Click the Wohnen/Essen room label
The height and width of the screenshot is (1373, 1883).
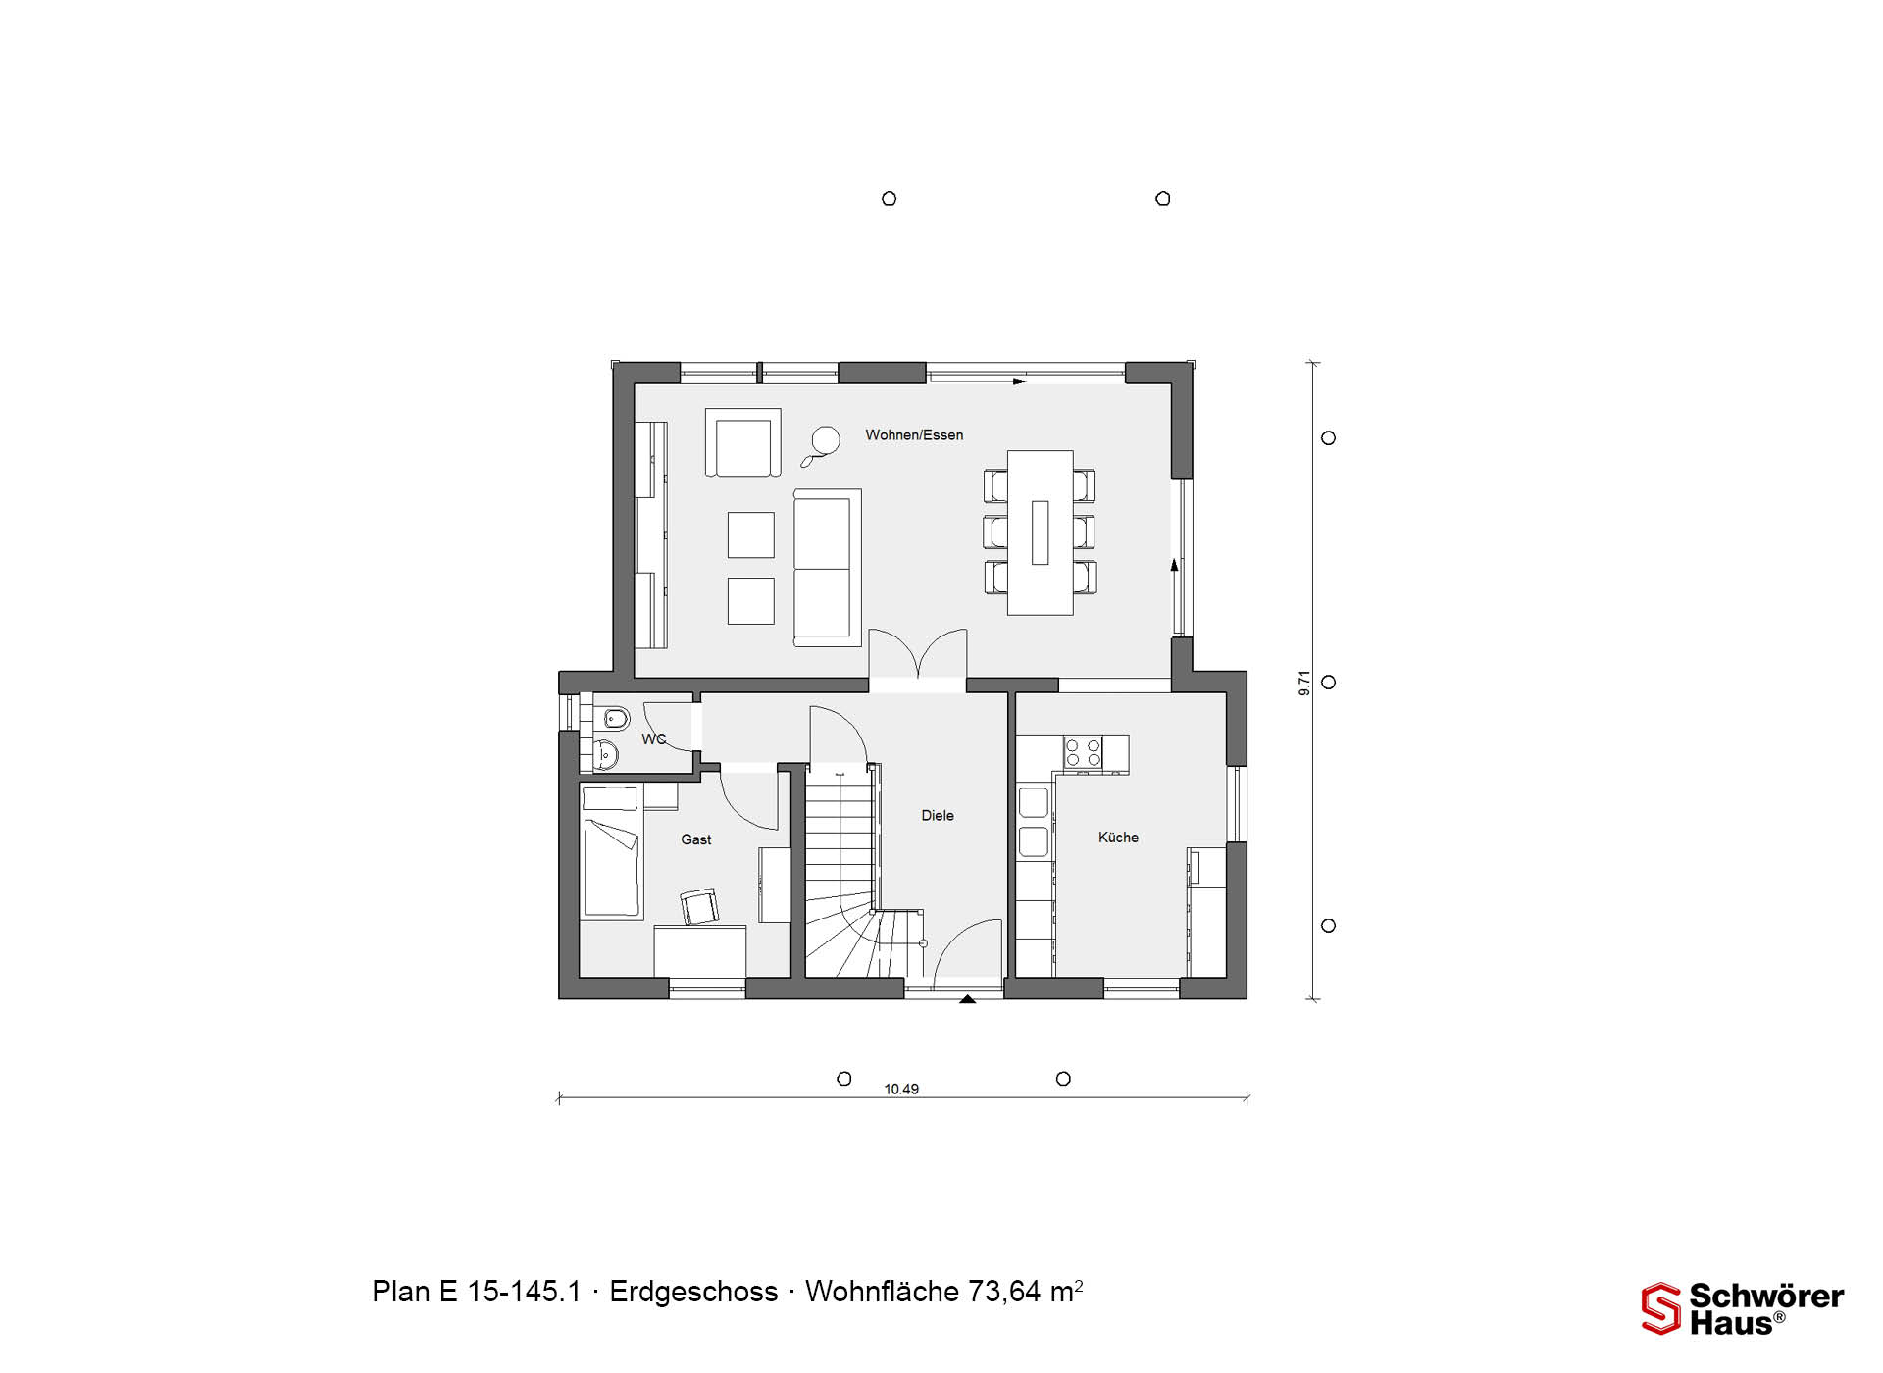click(x=914, y=434)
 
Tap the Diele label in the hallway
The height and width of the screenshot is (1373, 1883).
click(x=938, y=815)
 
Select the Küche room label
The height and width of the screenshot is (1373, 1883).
click(x=1118, y=837)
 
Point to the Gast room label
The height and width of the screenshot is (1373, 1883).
click(x=696, y=839)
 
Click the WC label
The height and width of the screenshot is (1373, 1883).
click(x=653, y=739)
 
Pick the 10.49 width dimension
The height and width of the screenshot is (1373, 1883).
click(x=901, y=1089)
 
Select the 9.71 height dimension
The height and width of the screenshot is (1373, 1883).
click(x=1304, y=684)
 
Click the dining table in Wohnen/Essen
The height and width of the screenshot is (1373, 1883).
click(x=1040, y=533)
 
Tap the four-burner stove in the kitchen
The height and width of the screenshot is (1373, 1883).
click(x=1083, y=752)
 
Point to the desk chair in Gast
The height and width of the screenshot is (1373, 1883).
click(x=699, y=906)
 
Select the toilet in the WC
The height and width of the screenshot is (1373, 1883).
click(x=613, y=720)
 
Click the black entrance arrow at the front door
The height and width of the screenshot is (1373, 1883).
click(x=968, y=999)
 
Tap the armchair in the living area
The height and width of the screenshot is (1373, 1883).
click(x=742, y=442)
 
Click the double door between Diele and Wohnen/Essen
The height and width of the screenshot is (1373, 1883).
click(x=918, y=655)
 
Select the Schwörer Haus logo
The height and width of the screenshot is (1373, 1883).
click(x=1743, y=1308)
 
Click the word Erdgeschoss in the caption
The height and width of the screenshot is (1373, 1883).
click(x=693, y=1292)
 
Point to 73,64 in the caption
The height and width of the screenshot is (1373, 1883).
click(x=1005, y=1292)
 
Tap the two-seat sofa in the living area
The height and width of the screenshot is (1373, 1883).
click(x=827, y=568)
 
